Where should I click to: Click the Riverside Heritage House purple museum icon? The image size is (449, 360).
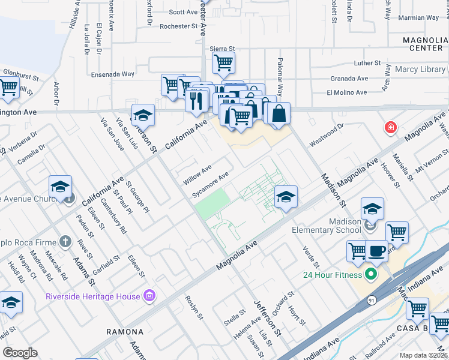(149, 296)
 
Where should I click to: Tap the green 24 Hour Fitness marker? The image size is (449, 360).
(370, 275)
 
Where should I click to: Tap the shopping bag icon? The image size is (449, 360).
(279, 113)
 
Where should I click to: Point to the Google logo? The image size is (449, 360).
(20, 352)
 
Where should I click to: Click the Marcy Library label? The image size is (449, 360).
(420, 70)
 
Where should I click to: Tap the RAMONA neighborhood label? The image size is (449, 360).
(125, 332)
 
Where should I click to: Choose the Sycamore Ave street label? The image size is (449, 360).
(210, 185)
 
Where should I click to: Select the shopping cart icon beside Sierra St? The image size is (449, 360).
(223, 61)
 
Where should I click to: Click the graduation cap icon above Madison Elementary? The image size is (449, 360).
(372, 209)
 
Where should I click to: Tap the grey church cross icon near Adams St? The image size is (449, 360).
(66, 243)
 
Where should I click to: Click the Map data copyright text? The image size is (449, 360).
(423, 355)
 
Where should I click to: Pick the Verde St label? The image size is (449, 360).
(312, 256)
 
